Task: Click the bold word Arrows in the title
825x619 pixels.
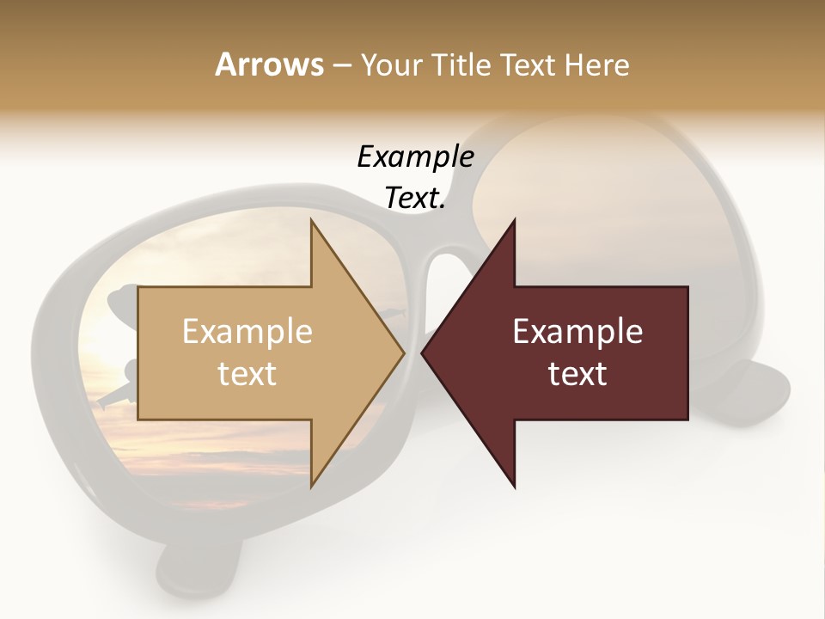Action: pyautogui.click(x=268, y=64)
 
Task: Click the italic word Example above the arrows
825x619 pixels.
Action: pyautogui.click(x=415, y=157)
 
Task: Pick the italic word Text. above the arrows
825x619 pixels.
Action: pyautogui.click(x=415, y=199)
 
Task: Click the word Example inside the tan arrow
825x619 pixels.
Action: pyautogui.click(x=247, y=332)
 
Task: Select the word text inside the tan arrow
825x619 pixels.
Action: pyautogui.click(x=247, y=374)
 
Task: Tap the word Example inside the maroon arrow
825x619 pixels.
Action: pyautogui.click(x=577, y=332)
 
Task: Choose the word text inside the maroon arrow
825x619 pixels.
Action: pyautogui.click(x=577, y=374)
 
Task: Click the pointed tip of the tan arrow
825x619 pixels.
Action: pyautogui.click(x=403, y=352)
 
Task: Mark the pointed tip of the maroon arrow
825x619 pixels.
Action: pyautogui.click(x=423, y=352)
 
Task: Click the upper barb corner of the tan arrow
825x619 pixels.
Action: pyautogui.click(x=311, y=220)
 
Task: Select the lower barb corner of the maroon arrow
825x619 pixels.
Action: pyautogui.click(x=515, y=487)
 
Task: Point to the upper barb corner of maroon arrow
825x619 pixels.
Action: pyautogui.click(x=515, y=220)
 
